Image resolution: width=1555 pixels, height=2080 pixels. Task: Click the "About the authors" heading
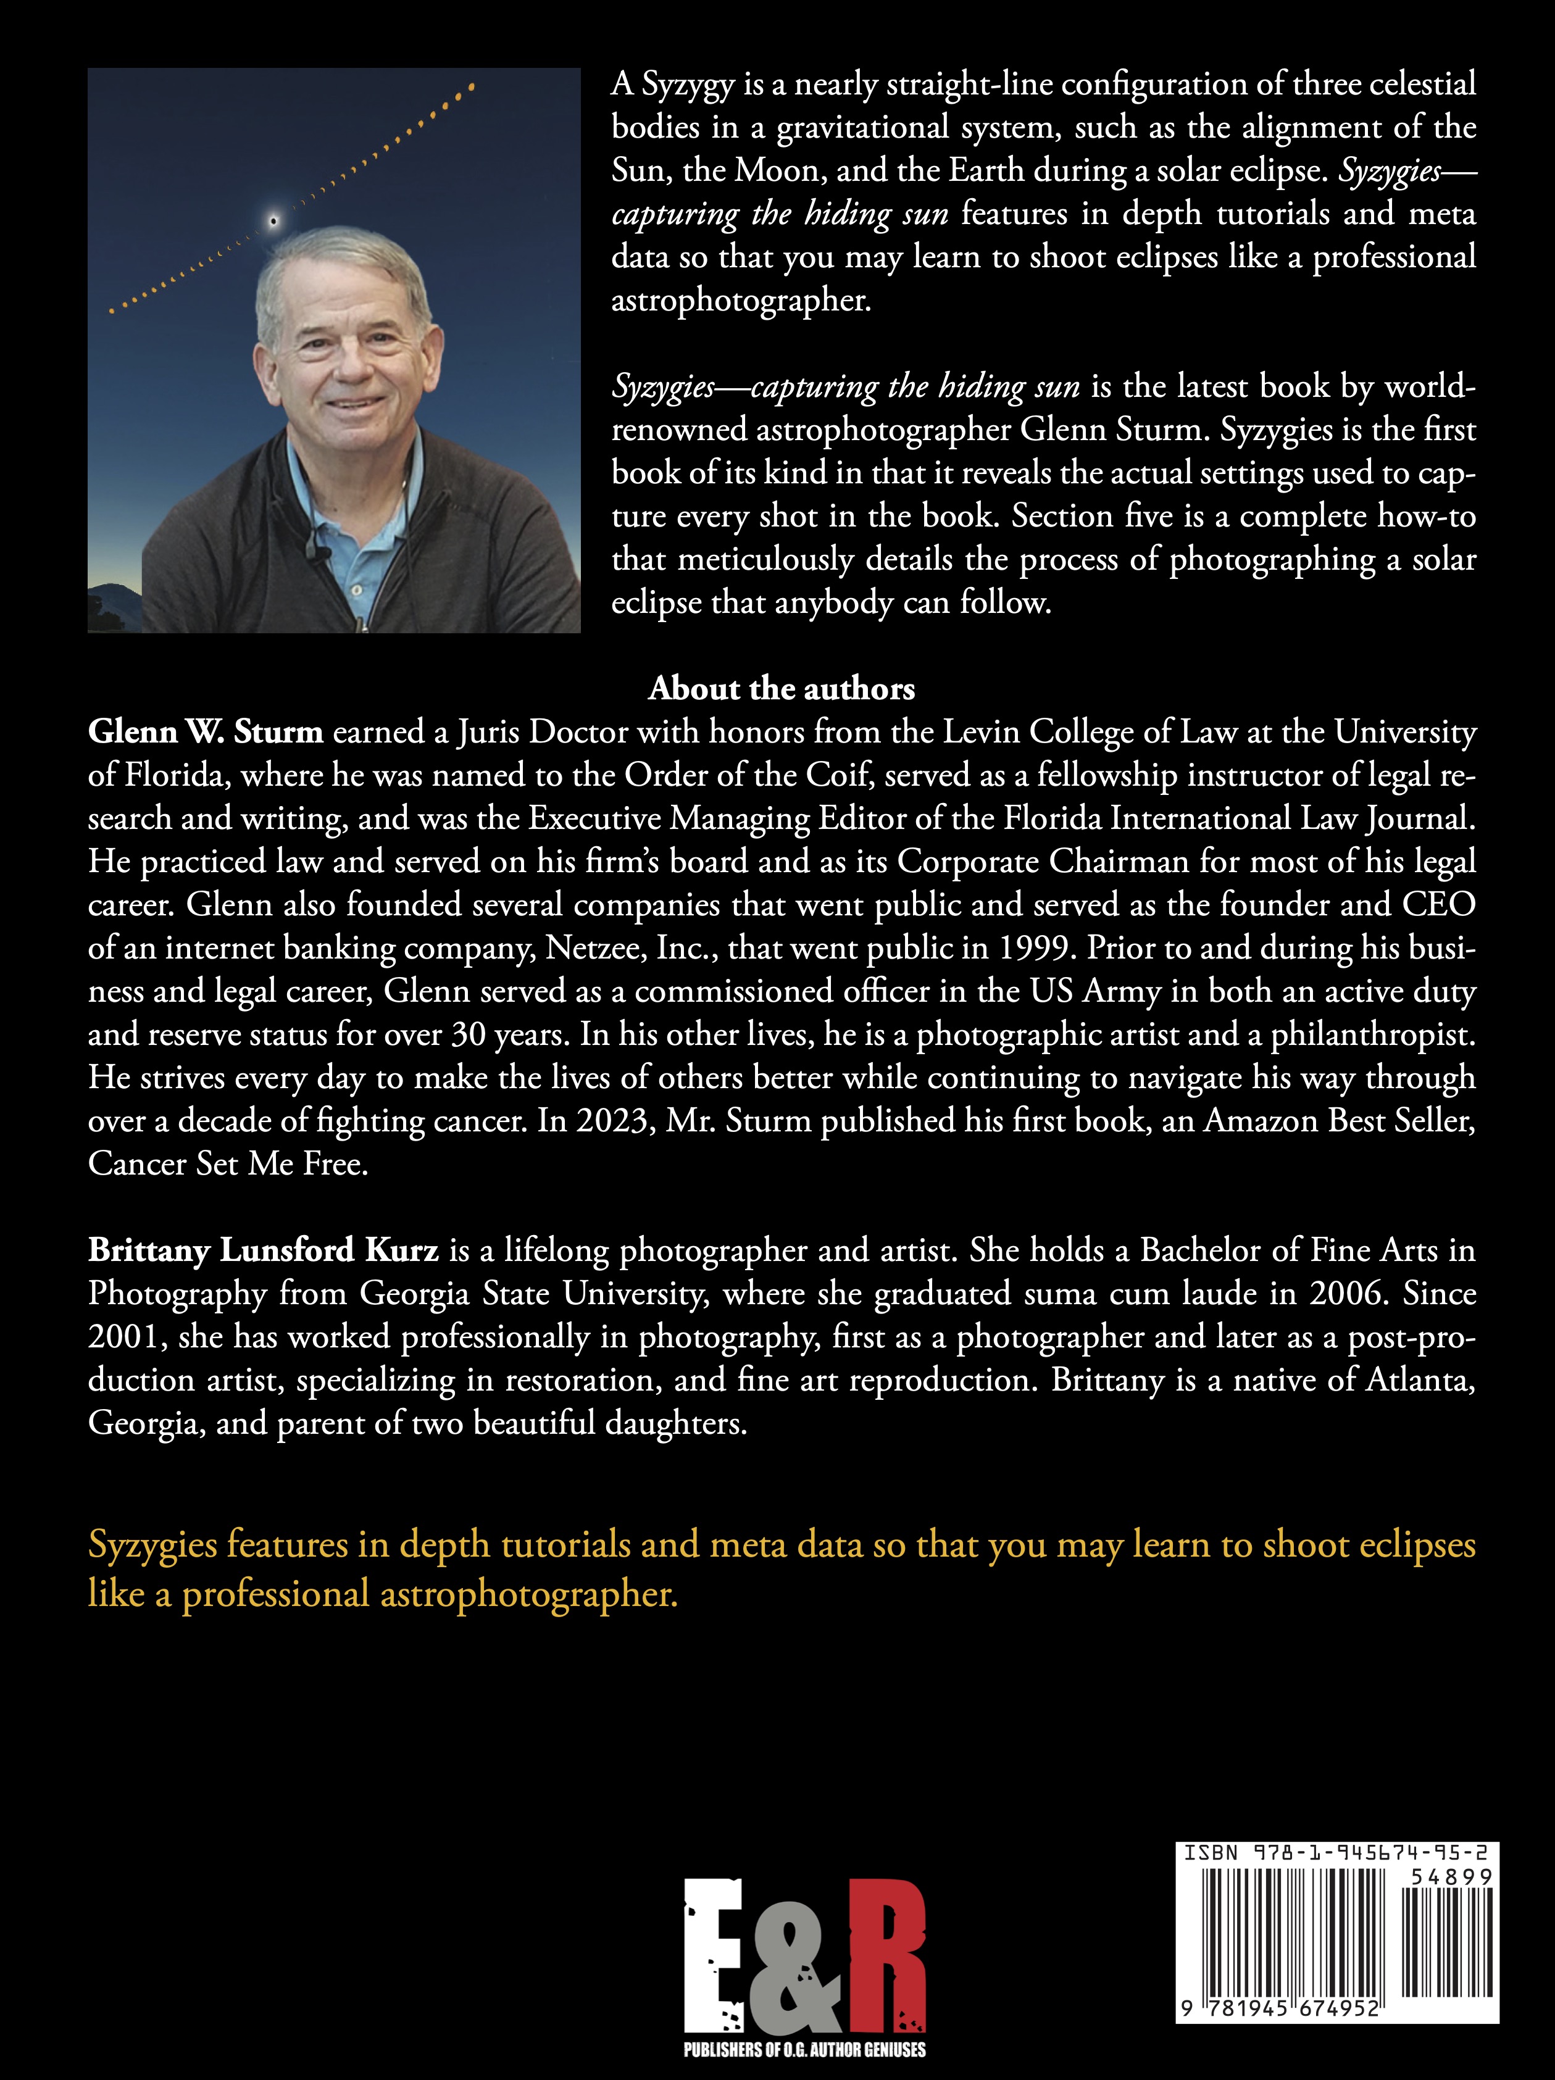(x=781, y=689)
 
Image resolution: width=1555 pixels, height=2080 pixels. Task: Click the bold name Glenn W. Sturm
(x=205, y=733)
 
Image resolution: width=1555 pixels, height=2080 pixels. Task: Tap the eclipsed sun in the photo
(x=273, y=221)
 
